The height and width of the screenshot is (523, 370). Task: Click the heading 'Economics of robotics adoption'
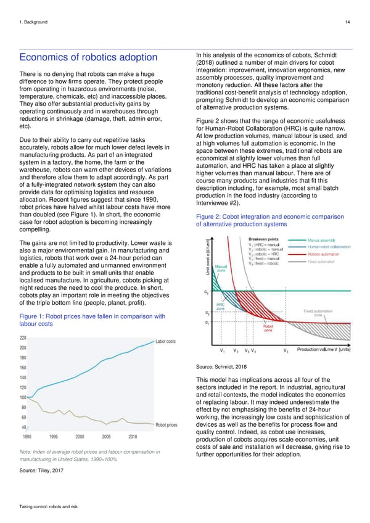coord(88,57)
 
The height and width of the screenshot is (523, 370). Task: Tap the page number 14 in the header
coord(348,23)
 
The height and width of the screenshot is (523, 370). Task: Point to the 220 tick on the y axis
coord(23,338)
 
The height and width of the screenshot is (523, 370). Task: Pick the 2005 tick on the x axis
coord(107,436)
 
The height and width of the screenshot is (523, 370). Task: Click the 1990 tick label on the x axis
coord(28,436)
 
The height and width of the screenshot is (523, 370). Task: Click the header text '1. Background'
coord(36,23)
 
